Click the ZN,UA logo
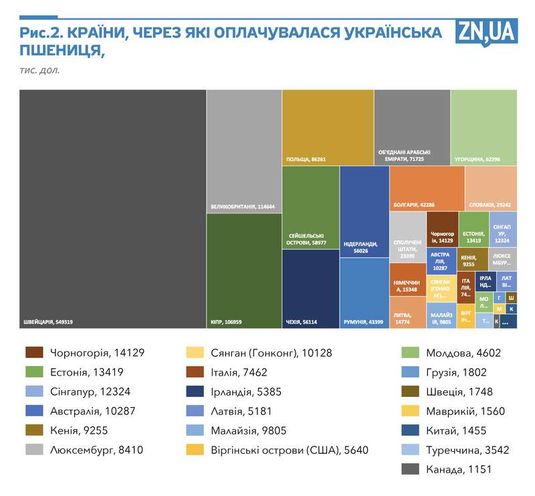tap(487, 31)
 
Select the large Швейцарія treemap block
tap(112, 208)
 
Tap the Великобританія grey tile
tap(244, 151)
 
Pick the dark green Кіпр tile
tap(244, 270)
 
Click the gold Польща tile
tap(328, 127)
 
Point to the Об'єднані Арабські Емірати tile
tap(412, 127)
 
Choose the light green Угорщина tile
tap(484, 127)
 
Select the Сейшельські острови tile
tap(310, 208)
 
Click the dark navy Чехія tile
tap(310, 288)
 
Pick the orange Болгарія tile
tap(427, 189)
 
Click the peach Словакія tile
tap(491, 189)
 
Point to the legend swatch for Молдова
tap(409, 353)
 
